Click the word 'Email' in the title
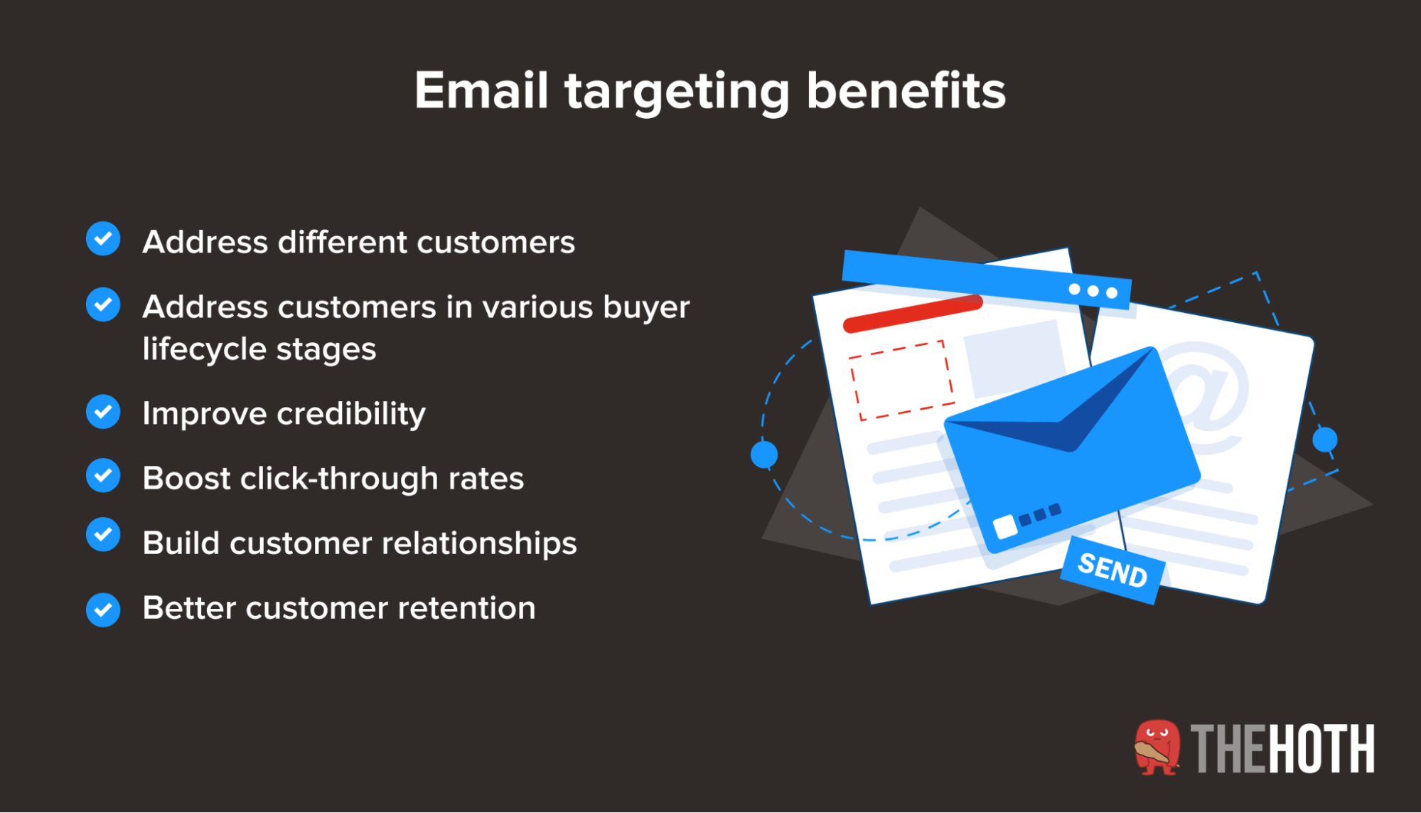481,90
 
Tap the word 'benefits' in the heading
906,90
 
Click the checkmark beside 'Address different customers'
103,238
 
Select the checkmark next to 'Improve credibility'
103,412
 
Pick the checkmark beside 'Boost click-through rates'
103,475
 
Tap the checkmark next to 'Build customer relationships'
103,535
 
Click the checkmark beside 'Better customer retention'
103,610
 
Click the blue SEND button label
1112,570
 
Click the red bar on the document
913,314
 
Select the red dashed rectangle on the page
901,381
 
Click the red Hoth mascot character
1157,748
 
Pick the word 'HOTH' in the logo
1321,748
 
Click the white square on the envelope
1005,526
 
